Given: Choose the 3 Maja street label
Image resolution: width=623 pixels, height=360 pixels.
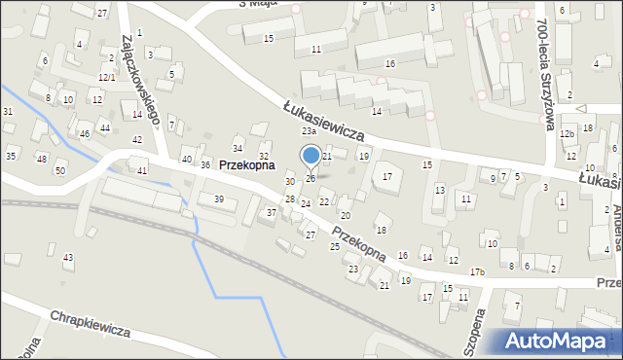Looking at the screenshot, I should [x=231, y=4].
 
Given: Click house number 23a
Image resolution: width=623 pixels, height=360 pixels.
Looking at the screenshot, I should [x=309, y=131].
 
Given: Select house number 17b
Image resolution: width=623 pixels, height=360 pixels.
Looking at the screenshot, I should [x=477, y=271].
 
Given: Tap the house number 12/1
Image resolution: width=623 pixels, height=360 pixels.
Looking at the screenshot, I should [x=107, y=77].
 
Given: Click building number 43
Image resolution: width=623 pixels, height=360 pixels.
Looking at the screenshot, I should [x=67, y=257].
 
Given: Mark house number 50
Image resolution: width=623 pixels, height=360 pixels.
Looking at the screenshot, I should [x=59, y=170].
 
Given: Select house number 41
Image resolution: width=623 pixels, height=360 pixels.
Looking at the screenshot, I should [x=142, y=170].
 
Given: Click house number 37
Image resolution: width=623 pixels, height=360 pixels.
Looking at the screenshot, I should [x=272, y=212].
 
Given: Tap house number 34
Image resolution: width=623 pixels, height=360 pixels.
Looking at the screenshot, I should [x=238, y=148].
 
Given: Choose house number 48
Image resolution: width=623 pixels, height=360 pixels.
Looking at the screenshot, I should [x=41, y=158].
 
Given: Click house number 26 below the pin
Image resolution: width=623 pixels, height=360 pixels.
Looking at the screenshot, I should [x=311, y=178].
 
